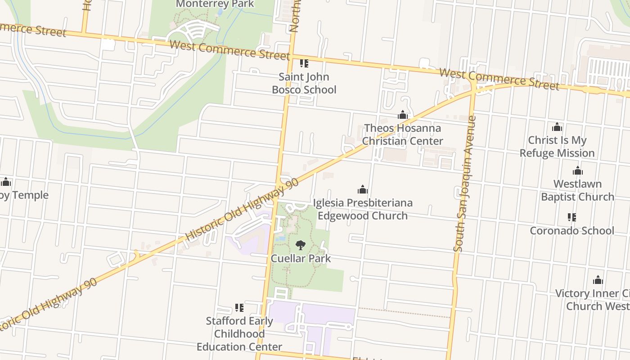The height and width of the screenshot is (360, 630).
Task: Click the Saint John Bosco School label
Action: [x=304, y=83]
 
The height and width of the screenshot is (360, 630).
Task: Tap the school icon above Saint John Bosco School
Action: [x=304, y=64]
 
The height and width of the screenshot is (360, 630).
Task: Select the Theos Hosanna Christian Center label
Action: [x=403, y=135]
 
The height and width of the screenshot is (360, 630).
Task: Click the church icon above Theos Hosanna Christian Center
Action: [x=403, y=115]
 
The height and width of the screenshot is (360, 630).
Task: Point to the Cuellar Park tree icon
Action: [x=301, y=245]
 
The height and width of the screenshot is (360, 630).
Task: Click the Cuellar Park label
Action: [x=301, y=258]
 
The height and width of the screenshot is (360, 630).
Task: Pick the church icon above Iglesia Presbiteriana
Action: [x=363, y=189]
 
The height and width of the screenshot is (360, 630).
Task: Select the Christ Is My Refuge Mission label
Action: [x=557, y=147]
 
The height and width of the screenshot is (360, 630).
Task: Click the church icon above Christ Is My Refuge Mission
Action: [x=557, y=127]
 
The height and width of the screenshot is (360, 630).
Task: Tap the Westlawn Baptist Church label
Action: [x=577, y=190]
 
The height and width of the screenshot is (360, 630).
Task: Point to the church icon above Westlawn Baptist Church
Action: [x=578, y=171]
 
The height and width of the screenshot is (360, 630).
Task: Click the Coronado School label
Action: [x=571, y=230]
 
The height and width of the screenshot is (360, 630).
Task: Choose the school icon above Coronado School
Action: [x=571, y=218]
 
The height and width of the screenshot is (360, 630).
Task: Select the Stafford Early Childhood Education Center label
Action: [x=239, y=334]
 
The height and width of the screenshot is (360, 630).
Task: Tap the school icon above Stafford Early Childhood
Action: [x=239, y=308]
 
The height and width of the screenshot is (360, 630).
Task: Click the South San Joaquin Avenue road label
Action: [x=465, y=184]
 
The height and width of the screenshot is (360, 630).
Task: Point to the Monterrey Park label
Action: [x=215, y=4]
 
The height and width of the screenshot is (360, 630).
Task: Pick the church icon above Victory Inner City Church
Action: [x=598, y=280]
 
